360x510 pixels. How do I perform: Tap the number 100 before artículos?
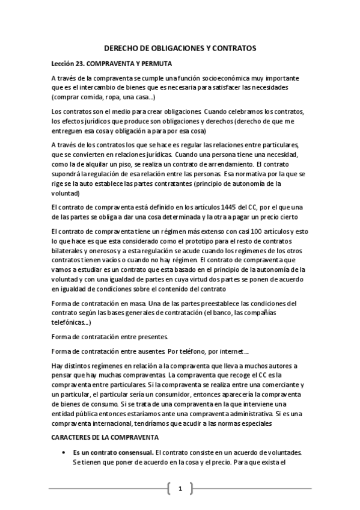tap(238, 231)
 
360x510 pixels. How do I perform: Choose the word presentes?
tap(153, 336)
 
